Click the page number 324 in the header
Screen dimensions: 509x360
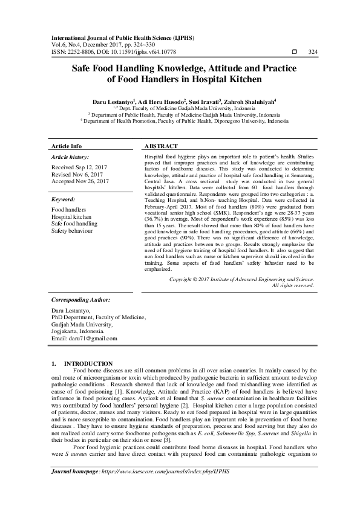313,51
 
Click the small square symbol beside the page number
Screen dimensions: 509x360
294,51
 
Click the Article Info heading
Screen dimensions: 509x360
67,147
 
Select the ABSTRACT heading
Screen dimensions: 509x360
161,147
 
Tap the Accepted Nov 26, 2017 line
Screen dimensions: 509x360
80,181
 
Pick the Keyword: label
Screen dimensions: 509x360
64,199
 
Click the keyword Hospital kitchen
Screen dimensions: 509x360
71,216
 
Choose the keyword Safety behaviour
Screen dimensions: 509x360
73,231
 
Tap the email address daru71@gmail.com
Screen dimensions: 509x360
84,338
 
